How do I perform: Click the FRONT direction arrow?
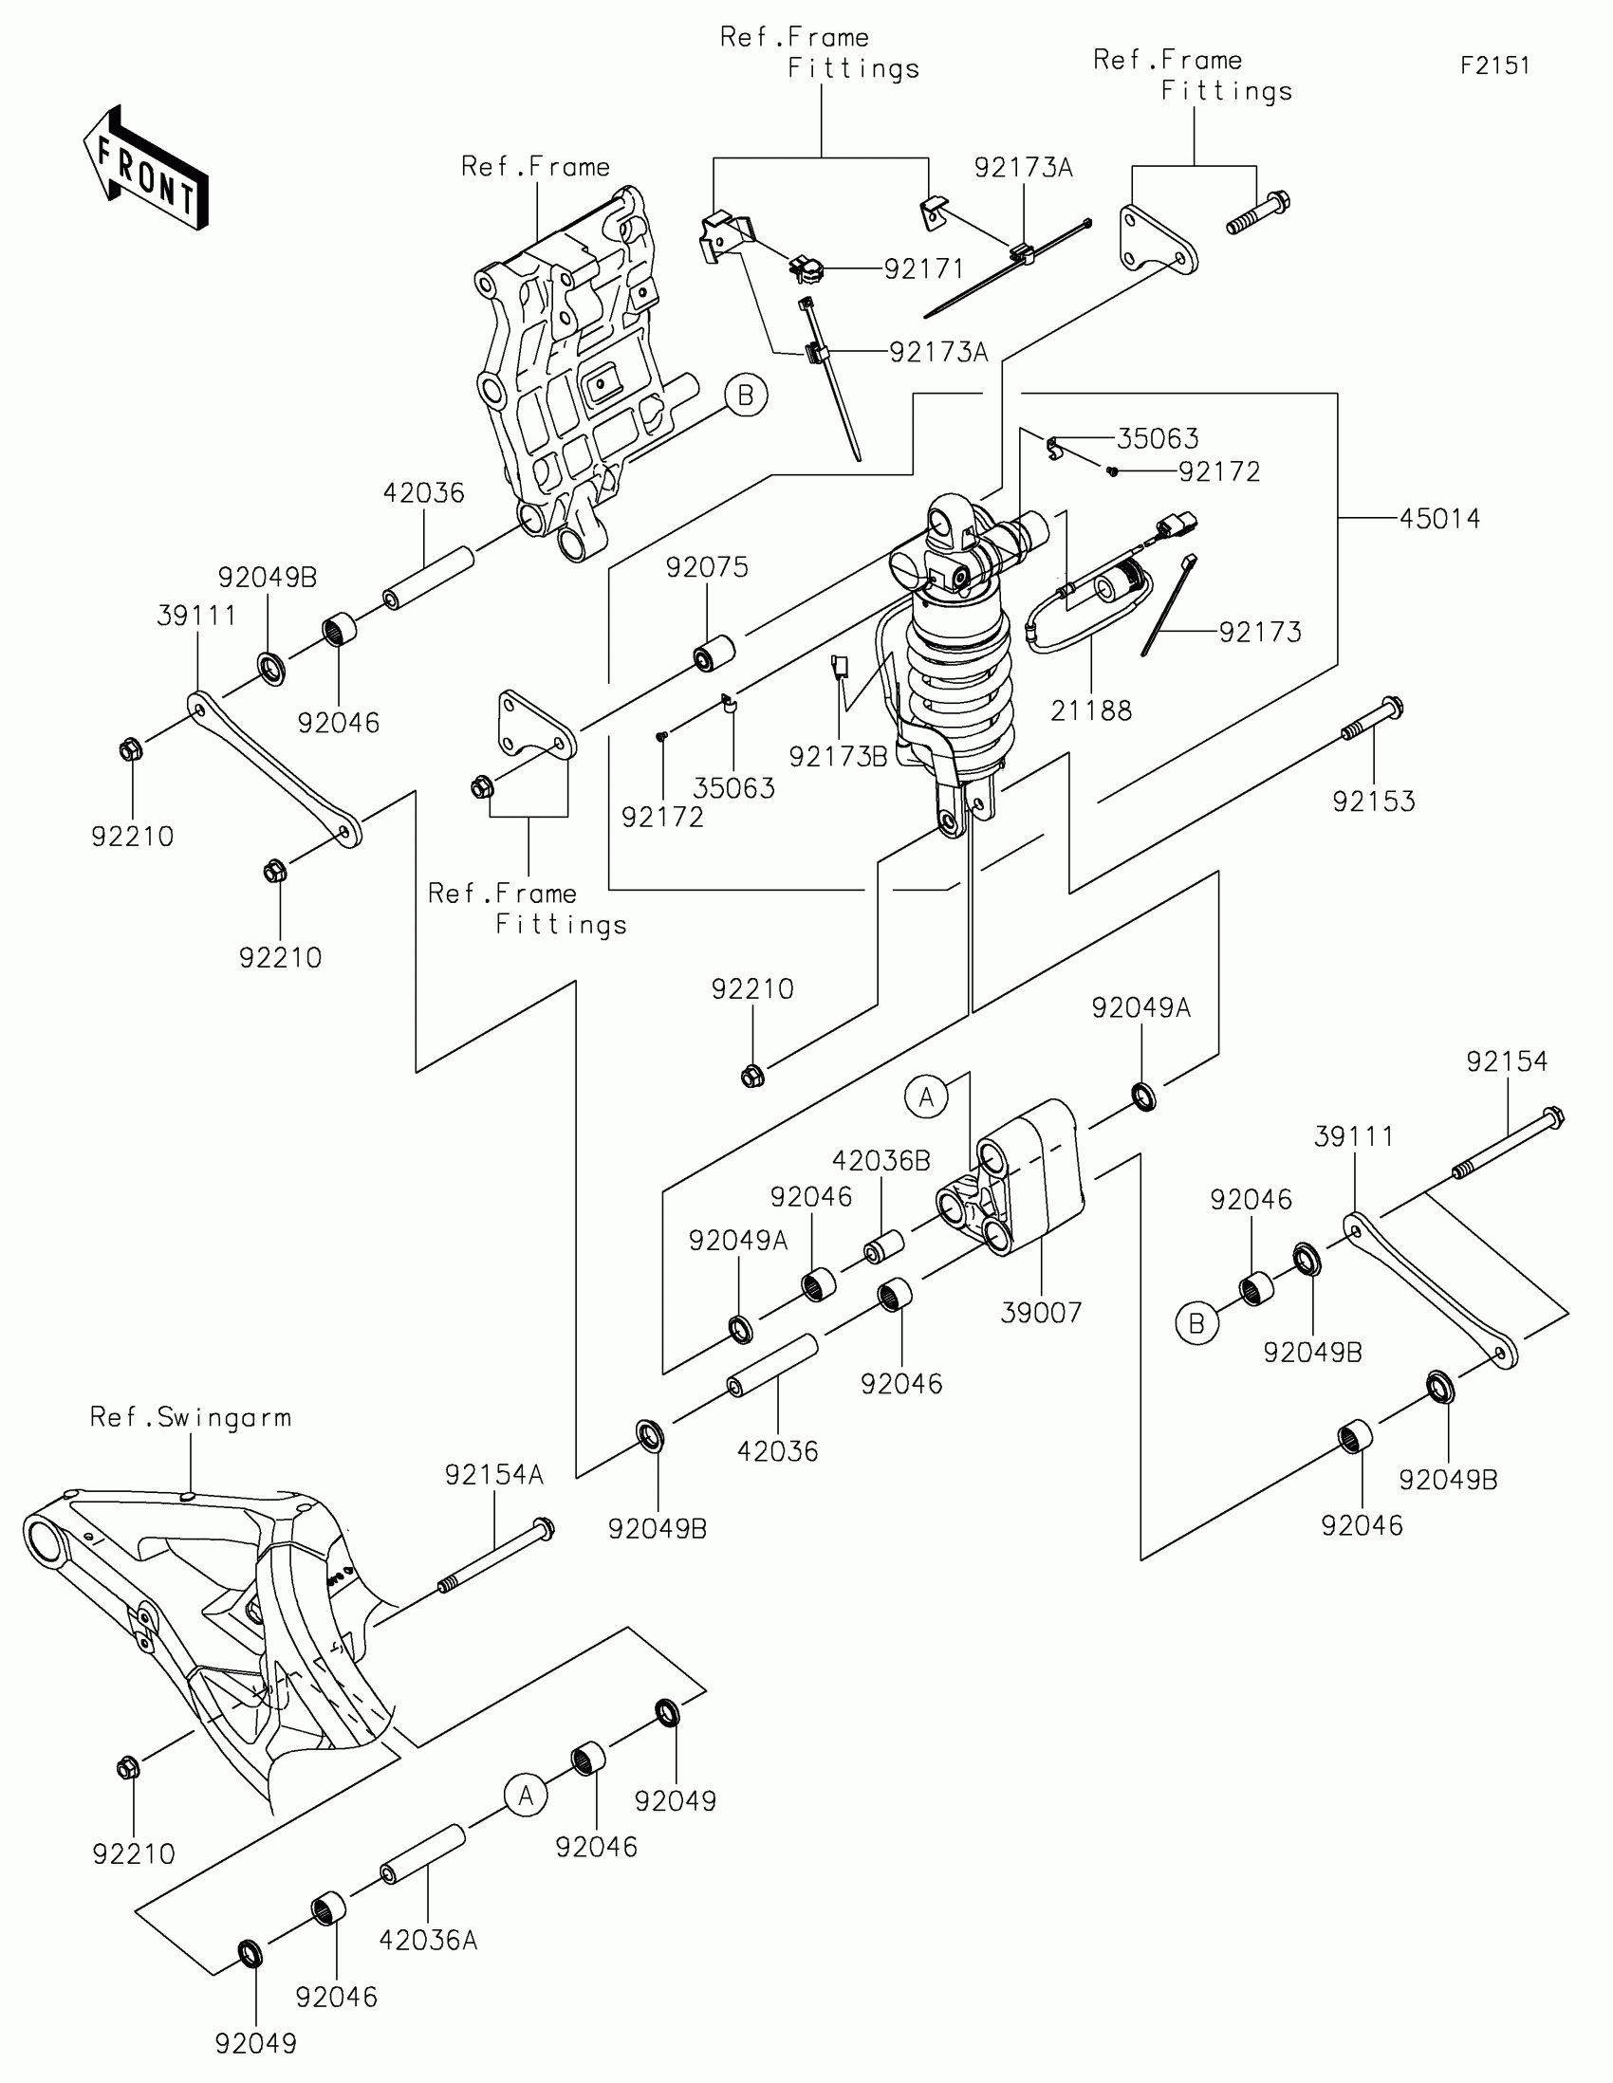145,168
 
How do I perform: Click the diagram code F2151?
1494,65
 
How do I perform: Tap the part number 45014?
1439,519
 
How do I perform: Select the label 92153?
1374,802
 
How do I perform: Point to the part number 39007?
1041,1314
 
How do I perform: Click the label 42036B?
881,1161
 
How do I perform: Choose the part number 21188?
1091,710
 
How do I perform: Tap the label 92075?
707,567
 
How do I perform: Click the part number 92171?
923,270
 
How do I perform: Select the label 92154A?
493,1476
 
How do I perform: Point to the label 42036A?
428,1940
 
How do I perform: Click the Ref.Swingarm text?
191,1417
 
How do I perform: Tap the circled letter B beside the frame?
746,395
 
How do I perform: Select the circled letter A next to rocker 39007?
926,1097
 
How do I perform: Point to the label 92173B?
838,756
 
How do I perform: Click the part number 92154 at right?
1507,1061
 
